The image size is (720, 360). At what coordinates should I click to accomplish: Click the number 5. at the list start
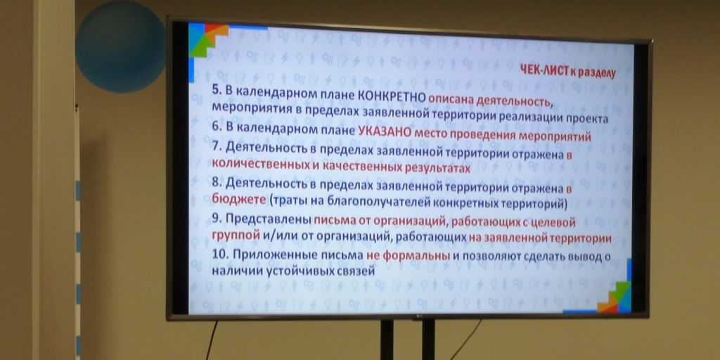[x=217, y=91]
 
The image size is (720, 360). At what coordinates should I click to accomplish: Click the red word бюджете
[x=239, y=200]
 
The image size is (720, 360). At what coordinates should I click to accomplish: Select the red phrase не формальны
[x=408, y=256]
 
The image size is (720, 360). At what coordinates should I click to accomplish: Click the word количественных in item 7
[x=261, y=164]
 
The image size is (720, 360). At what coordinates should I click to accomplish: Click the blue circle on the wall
[x=120, y=46]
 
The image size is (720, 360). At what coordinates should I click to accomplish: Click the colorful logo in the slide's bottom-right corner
[x=615, y=295]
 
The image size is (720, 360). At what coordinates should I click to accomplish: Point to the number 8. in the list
[x=217, y=182]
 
